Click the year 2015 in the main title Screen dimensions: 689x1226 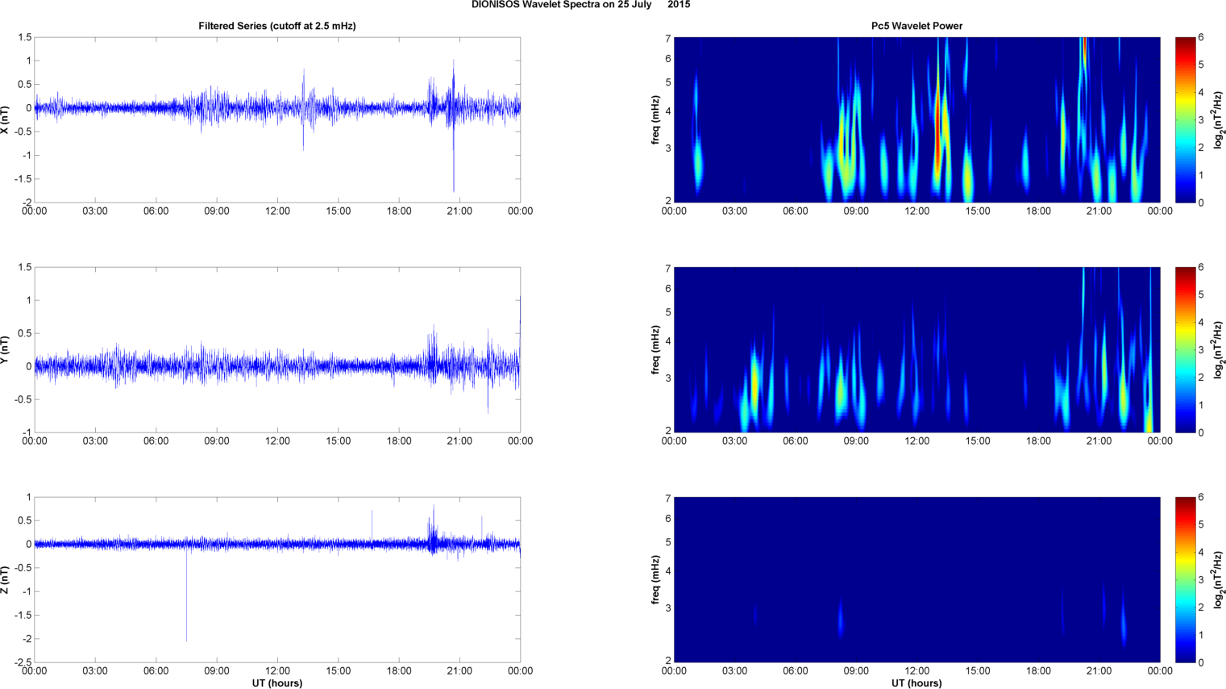pos(679,5)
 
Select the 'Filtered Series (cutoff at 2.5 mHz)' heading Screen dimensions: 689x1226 pos(277,26)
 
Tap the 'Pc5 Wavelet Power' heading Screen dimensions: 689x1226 pos(916,26)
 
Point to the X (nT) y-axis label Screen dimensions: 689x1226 pos(6,119)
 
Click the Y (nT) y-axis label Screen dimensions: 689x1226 pos(6,349)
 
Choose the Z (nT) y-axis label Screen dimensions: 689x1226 pos(6,579)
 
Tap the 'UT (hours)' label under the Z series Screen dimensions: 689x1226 pos(277,683)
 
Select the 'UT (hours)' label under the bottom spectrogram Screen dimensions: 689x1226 pos(916,683)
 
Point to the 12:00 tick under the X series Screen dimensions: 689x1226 pos(277,211)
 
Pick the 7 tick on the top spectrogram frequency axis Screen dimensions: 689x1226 pos(667,38)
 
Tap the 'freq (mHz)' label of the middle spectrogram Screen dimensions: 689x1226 pos(656,349)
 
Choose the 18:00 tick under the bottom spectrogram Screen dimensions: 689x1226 pos(1038,671)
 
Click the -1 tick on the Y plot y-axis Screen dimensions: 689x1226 pos(27,432)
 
